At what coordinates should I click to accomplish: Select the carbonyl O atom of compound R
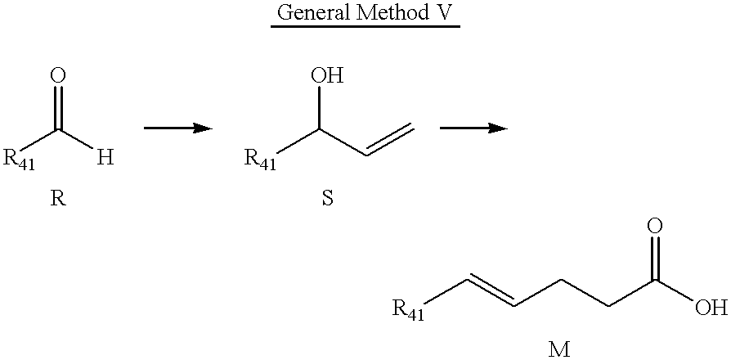58,76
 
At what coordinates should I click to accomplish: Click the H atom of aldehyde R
105,159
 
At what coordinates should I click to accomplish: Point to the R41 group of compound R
19,160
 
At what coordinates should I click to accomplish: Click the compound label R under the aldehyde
58,199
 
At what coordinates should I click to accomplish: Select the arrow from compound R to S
178,128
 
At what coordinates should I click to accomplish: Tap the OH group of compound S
327,76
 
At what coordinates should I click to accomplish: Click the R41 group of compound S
261,160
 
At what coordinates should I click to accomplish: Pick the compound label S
328,199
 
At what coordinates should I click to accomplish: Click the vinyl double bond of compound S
390,139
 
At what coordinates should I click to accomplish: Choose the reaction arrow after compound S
473,128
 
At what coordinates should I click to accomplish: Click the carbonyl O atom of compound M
654,227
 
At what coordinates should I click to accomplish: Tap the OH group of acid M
711,308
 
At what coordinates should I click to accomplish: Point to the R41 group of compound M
408,310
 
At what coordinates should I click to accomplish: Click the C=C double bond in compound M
491,293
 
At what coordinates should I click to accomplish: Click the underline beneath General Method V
365,26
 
